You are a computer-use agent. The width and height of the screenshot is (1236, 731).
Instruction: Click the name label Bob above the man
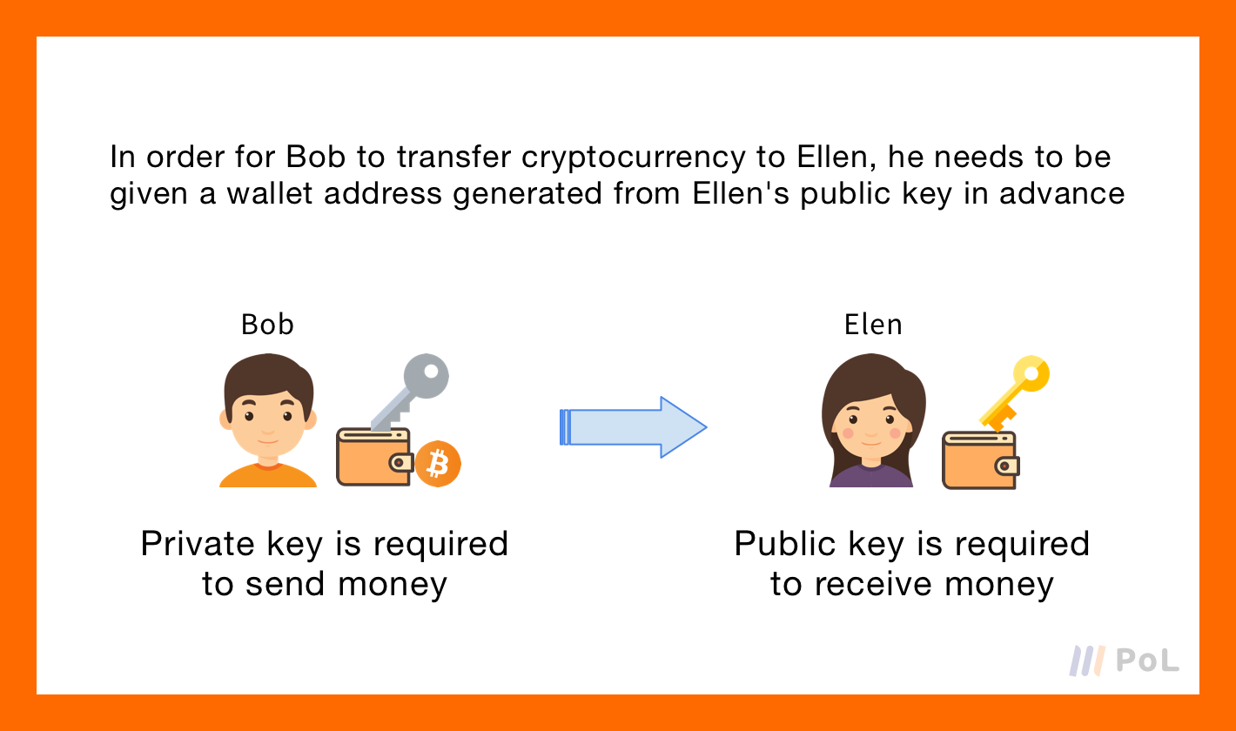click(267, 325)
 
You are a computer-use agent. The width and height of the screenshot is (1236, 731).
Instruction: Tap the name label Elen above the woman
click(873, 325)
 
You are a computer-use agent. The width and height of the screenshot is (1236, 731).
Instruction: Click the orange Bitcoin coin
click(438, 464)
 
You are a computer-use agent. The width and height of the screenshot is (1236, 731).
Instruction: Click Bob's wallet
click(374, 457)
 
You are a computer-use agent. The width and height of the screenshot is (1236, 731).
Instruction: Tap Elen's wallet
click(980, 460)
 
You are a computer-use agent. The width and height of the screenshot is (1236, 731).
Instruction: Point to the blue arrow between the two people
click(634, 427)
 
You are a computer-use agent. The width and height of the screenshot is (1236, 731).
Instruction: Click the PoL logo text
click(1146, 660)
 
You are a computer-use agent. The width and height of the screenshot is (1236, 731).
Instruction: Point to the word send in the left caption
click(285, 584)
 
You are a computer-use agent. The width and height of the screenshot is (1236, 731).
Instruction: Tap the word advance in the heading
click(1062, 193)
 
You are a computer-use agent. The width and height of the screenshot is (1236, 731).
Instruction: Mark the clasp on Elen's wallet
click(1008, 466)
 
